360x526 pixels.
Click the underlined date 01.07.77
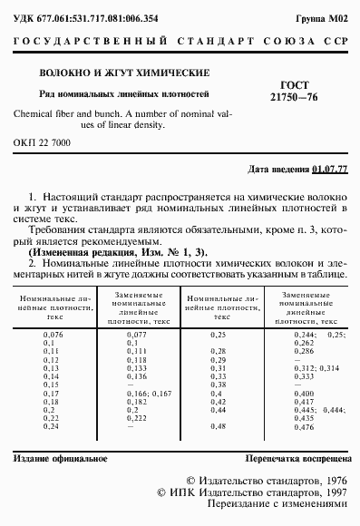click(x=329, y=170)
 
